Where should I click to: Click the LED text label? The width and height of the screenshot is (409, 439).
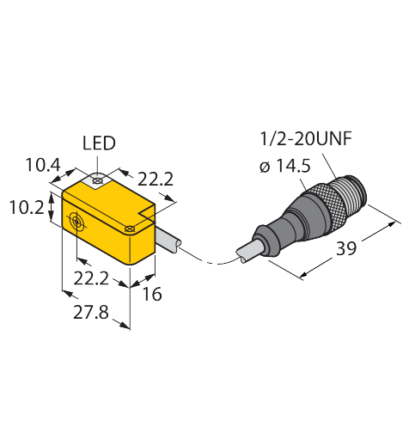tap(99, 143)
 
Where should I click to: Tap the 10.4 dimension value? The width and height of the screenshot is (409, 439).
tap(43, 165)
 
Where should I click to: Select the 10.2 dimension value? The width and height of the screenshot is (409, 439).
tap(27, 207)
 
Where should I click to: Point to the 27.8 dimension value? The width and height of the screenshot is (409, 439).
tap(91, 312)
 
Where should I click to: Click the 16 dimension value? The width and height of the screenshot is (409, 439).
tap(152, 294)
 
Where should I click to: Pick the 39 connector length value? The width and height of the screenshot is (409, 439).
tap(346, 248)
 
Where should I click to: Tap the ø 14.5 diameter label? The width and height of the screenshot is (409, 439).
tap(285, 166)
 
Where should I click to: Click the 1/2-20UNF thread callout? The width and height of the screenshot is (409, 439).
tap(306, 139)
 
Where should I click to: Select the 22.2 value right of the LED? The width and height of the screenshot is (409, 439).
tap(156, 180)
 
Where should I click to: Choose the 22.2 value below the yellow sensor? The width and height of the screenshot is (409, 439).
tap(91, 278)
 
